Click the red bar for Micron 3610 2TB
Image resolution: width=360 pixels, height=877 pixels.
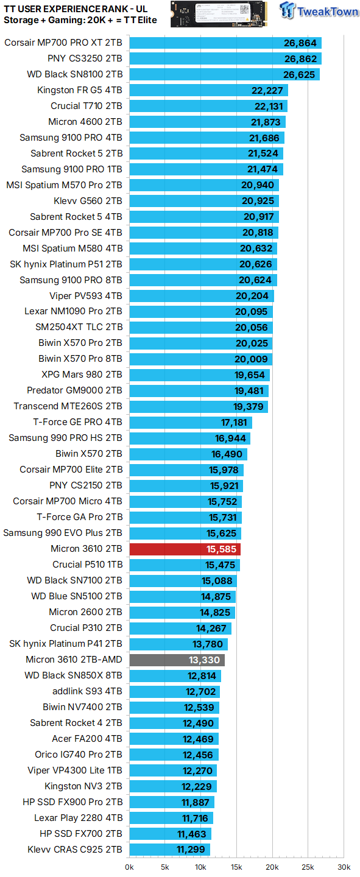coord(185,549)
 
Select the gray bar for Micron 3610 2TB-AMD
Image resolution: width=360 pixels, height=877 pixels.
coord(177,660)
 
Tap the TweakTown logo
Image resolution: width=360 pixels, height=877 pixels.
coord(319,12)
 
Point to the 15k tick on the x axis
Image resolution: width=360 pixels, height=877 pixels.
coord(236,867)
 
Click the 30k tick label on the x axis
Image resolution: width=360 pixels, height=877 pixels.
coord(344,867)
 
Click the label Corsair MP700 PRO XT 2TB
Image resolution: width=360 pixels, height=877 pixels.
coord(63,43)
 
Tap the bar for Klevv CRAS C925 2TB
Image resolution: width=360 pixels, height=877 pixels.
coord(169,850)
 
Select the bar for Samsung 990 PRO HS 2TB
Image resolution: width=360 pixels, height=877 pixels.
coord(189,438)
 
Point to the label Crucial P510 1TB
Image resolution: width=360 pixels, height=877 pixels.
coord(87,565)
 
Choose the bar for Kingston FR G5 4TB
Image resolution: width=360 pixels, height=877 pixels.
coord(208,90)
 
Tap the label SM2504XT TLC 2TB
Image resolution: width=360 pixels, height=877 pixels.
coord(79,328)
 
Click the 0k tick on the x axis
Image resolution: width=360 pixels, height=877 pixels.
coord(130,867)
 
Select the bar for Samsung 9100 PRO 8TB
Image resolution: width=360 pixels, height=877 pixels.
coord(203,280)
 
